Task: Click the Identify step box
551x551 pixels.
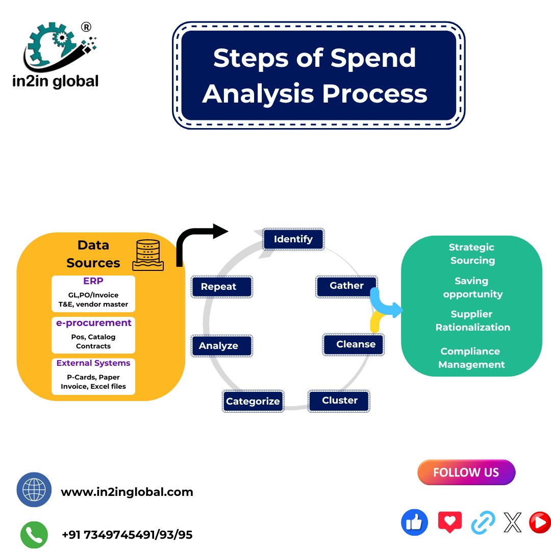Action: pos(293,239)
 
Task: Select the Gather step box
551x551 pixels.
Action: pos(346,286)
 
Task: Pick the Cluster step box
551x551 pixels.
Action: pos(339,400)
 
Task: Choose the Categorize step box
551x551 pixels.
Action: pos(253,401)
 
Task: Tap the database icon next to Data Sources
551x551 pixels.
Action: pos(148,255)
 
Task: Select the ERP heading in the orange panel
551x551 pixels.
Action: pos(93,282)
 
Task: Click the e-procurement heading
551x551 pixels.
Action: pos(93,323)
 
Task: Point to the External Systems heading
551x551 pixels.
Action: pos(93,363)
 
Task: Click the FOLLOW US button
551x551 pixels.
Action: pos(466,472)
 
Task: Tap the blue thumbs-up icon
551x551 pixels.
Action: pos(414,522)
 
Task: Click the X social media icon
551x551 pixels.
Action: pos(512,522)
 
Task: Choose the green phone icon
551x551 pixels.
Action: pos(34,535)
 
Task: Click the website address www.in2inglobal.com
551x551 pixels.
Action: pos(127,492)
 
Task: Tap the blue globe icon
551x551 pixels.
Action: pos(34,490)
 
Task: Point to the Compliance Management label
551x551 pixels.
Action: pos(471,358)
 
